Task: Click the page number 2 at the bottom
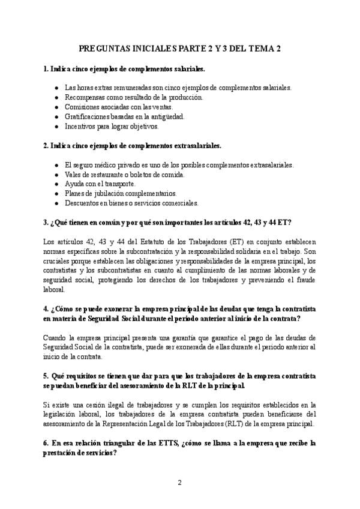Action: [x=179, y=482]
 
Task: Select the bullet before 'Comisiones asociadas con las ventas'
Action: [x=56, y=106]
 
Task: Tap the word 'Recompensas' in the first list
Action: [x=85, y=97]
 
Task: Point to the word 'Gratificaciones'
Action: [x=88, y=116]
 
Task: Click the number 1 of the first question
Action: [x=46, y=69]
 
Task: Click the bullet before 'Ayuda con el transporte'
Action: [x=56, y=184]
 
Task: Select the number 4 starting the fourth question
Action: [x=46, y=309]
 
